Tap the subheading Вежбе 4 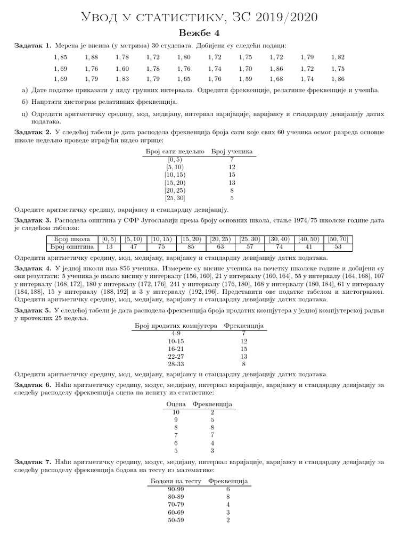[x=204, y=33]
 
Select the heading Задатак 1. [x=32, y=46]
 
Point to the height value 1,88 [x=92, y=57]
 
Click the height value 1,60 [x=122, y=68]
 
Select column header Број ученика [x=232, y=151]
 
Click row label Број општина [x=72, y=247]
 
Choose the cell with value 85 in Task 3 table [x=193, y=247]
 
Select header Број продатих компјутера [x=176, y=326]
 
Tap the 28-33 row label [x=176, y=364]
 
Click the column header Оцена [x=176, y=404]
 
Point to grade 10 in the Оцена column [x=176, y=412]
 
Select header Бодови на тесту [x=176, y=481]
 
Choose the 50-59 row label [x=176, y=520]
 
